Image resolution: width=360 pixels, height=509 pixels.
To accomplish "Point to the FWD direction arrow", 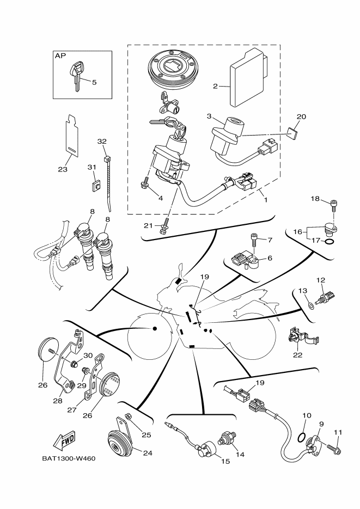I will click(x=63, y=439).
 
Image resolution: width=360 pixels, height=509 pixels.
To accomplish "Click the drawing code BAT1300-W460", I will click(x=69, y=458).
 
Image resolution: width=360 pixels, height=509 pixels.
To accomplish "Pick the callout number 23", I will click(x=62, y=169).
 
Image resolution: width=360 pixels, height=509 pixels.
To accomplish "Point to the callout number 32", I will click(x=101, y=141).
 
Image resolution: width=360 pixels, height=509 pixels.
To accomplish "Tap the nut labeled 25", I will click(x=129, y=418).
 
